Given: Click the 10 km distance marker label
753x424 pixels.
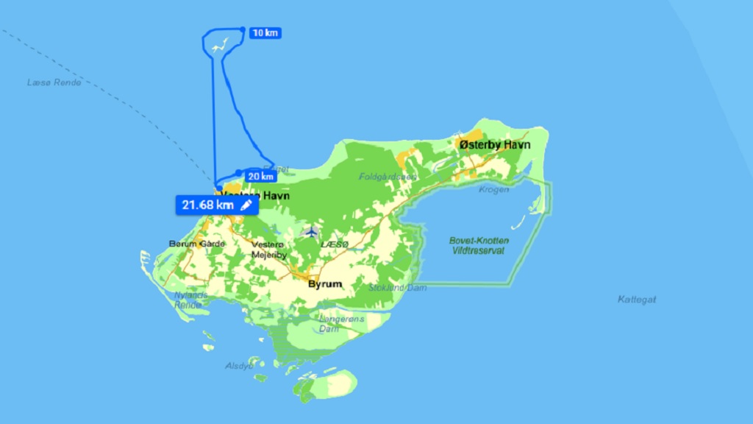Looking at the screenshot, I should click(265, 33).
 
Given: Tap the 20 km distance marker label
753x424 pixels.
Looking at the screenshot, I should click(260, 176).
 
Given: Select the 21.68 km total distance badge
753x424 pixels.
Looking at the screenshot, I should click(207, 205).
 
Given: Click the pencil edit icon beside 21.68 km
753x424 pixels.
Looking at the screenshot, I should click(246, 205).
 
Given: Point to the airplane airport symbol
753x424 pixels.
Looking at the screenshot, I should click(311, 232).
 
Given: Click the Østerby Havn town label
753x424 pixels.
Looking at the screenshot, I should click(495, 145).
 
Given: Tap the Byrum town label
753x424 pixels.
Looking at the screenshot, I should click(324, 283).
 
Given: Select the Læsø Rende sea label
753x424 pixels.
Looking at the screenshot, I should click(54, 82).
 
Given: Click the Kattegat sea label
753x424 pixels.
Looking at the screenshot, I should click(637, 300).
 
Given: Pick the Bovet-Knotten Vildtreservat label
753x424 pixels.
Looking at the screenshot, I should click(478, 246).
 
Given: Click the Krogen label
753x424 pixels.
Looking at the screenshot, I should click(493, 189).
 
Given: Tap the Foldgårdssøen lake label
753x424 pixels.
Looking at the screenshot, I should click(388, 177).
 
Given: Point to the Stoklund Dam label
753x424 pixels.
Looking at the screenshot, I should click(397, 288).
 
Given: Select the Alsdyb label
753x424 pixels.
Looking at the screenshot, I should click(239, 365).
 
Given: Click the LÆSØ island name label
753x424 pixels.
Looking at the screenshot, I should click(334, 244).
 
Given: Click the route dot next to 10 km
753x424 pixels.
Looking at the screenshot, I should click(242, 29).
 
